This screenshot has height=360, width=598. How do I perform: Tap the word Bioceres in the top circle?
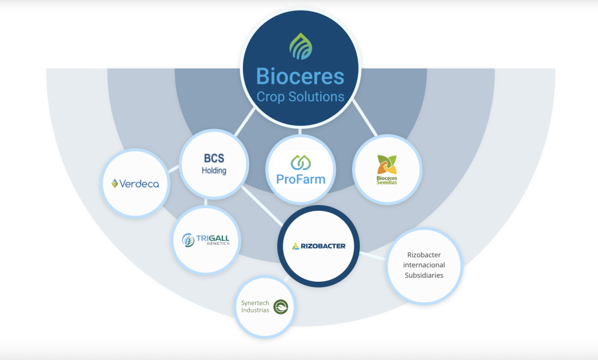click(x=300, y=77)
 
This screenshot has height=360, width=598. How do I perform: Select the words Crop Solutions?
click(x=300, y=96)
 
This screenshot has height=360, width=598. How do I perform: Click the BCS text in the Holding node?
click(x=214, y=158)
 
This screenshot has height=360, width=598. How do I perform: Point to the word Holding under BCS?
click(x=214, y=171)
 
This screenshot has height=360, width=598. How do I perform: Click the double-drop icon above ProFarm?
click(x=300, y=161)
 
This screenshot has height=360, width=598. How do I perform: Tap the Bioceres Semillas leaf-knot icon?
click(x=387, y=164)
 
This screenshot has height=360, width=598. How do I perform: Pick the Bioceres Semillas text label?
click(x=387, y=179)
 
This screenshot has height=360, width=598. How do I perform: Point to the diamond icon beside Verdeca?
click(x=115, y=184)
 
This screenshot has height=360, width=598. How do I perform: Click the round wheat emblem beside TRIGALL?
click(x=188, y=240)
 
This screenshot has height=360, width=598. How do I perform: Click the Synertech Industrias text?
click(x=255, y=306)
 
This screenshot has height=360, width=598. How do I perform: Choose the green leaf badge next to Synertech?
click(x=281, y=307)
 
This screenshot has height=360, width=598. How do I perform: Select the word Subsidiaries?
click(x=424, y=275)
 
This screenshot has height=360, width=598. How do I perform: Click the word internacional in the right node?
click(x=424, y=265)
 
